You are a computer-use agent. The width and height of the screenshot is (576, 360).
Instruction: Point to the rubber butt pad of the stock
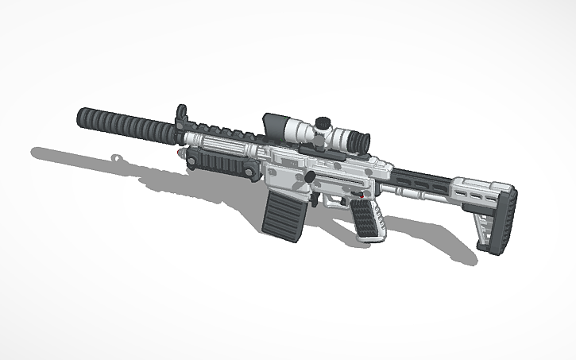pyautogui.click(x=502, y=222)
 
